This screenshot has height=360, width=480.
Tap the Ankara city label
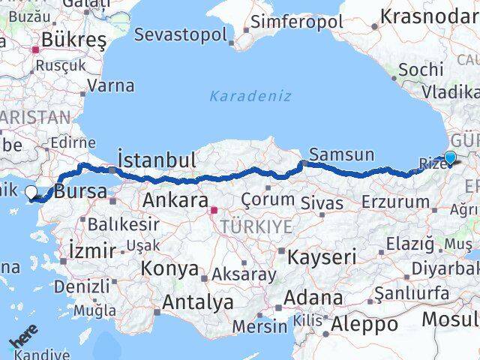[175, 200]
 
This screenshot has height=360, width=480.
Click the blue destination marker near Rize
[449, 157]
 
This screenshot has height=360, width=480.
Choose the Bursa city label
[81, 191]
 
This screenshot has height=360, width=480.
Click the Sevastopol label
[181, 34]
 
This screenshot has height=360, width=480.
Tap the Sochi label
[421, 69]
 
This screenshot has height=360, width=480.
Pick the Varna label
[111, 85]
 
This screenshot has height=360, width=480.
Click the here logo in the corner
[22, 341]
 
